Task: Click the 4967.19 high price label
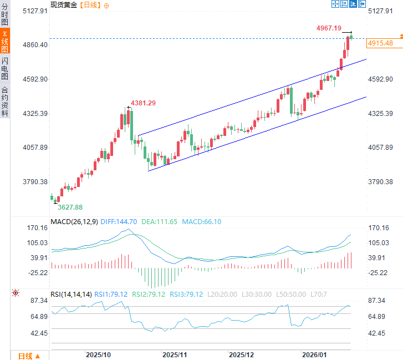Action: click(329, 28)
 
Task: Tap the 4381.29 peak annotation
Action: click(142, 103)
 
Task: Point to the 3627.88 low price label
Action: click(70, 207)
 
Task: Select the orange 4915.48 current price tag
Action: click(380, 43)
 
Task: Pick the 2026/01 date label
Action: click(313, 354)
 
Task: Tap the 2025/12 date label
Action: click(241, 354)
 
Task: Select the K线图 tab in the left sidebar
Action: click(5, 41)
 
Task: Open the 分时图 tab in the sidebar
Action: click(5, 14)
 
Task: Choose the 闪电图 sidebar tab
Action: click(5, 68)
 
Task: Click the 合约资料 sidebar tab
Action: click(5, 101)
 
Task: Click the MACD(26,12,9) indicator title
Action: click(74, 222)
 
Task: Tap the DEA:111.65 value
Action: click(159, 222)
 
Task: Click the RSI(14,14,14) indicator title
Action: click(71, 294)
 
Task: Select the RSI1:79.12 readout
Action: click(112, 294)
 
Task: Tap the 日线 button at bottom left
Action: click(25, 356)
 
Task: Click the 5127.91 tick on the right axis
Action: click(380, 11)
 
